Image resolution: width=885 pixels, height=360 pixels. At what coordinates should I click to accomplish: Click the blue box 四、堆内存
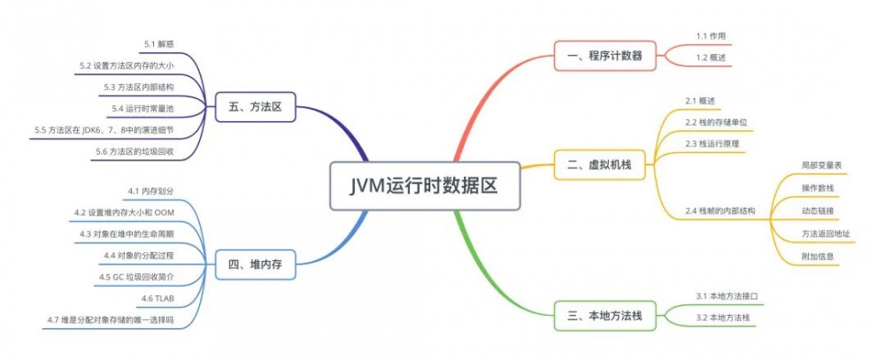[x=256, y=264]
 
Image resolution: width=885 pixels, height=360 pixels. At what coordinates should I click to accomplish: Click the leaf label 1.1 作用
[x=710, y=36]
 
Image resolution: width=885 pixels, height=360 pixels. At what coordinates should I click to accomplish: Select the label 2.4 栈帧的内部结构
[x=720, y=211]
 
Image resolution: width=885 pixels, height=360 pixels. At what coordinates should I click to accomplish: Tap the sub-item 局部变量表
[x=820, y=165]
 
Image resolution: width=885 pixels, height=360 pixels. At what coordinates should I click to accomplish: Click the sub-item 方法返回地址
[x=826, y=234]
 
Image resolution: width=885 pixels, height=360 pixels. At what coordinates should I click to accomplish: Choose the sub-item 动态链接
[x=817, y=211]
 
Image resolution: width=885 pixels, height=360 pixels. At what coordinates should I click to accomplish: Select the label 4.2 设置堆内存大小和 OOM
[x=125, y=212]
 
